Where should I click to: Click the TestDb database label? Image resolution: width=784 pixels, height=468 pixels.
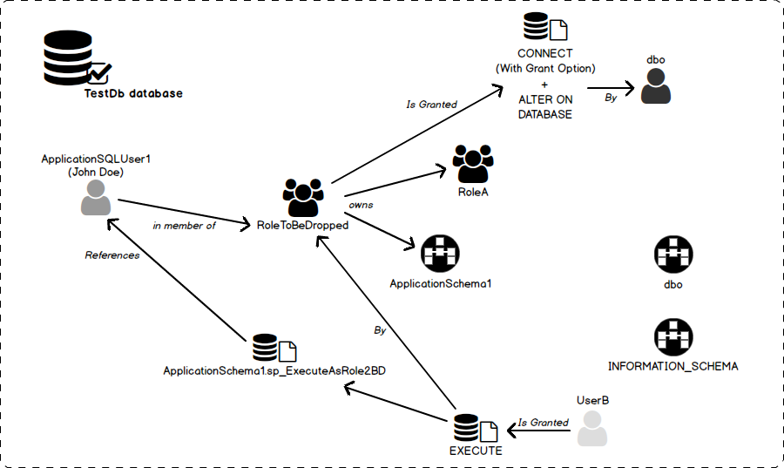(x=133, y=93)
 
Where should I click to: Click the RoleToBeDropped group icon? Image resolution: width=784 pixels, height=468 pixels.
(x=303, y=198)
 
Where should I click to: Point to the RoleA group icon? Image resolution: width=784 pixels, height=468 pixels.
(x=473, y=163)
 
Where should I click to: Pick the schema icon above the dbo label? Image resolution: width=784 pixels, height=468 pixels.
(x=672, y=255)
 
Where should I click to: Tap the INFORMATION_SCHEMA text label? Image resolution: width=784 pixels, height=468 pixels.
(x=672, y=367)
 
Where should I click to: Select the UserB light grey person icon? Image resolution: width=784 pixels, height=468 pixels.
(x=593, y=429)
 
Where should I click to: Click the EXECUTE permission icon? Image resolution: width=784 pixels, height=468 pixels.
(x=476, y=428)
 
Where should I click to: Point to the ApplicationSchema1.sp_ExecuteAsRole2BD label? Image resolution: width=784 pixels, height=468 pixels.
(x=274, y=370)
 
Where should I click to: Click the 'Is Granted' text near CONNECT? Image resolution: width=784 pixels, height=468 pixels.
(x=431, y=105)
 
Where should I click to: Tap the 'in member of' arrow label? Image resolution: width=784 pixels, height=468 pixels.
(x=184, y=225)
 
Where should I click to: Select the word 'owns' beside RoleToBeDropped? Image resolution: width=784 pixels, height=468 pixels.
(x=361, y=204)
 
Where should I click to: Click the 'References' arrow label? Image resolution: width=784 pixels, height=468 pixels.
(x=112, y=255)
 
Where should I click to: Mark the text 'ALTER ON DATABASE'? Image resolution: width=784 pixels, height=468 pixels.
(x=545, y=107)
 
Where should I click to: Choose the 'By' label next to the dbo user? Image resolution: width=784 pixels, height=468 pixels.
(x=611, y=98)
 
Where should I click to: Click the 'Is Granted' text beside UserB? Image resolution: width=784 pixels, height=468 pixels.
(x=543, y=423)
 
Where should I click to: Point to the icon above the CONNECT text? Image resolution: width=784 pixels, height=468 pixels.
(x=545, y=30)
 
